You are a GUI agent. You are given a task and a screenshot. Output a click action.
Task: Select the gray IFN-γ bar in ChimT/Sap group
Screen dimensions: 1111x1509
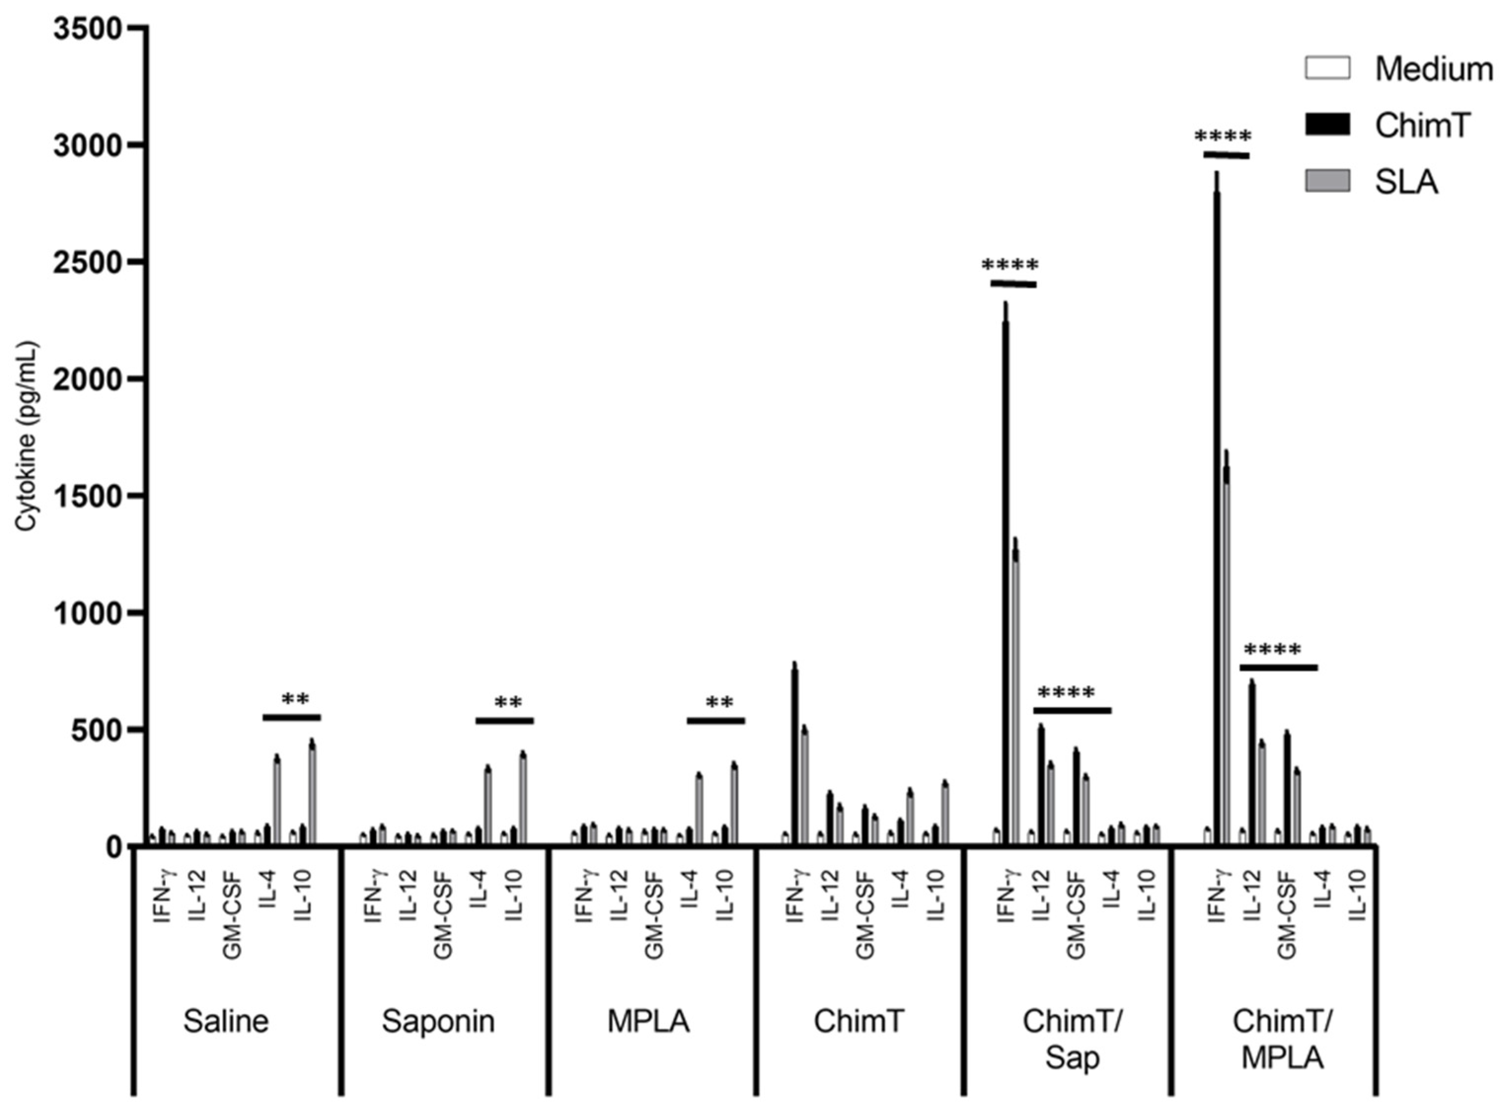click(x=1016, y=699)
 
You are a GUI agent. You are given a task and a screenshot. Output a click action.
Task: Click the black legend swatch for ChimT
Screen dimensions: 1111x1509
click(x=1327, y=125)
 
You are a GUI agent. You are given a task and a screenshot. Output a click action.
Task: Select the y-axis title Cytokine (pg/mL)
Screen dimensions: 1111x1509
click(x=28, y=437)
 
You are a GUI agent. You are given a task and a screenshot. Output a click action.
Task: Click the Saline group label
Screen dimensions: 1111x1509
click(x=226, y=1021)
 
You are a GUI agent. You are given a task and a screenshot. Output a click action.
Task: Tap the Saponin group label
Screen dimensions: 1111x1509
click(x=438, y=1021)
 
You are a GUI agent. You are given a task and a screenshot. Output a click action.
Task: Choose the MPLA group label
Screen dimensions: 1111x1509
click(x=648, y=1021)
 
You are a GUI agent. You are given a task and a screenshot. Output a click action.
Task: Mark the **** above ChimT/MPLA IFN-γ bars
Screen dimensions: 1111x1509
click(x=1223, y=138)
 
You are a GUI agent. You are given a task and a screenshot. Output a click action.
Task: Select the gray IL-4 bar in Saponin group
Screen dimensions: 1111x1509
click(x=488, y=805)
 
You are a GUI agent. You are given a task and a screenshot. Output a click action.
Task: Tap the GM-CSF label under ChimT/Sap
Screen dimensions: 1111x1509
click(x=1076, y=915)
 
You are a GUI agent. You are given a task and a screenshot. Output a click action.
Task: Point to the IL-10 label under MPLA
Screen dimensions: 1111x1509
click(x=725, y=895)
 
